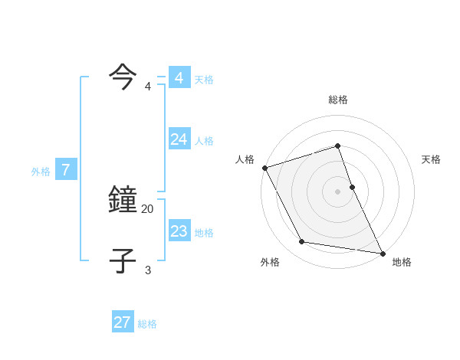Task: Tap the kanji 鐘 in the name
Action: point(123,201)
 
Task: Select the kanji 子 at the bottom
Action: point(123,260)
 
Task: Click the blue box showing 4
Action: point(179,78)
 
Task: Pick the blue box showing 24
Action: point(179,139)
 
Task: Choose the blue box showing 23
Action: point(179,231)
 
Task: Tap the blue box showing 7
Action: point(66,170)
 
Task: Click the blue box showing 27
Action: point(123,322)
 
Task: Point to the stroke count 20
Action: point(148,208)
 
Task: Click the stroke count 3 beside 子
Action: point(148,270)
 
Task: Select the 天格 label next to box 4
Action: point(204,79)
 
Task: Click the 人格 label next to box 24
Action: point(204,140)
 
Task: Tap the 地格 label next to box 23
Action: point(204,232)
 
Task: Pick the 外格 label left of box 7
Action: point(41,172)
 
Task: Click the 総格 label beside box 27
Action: point(147,324)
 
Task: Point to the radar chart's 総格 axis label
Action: point(338,100)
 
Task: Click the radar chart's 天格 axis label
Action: point(432,159)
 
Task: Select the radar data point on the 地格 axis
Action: point(382,252)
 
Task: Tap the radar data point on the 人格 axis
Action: point(264,168)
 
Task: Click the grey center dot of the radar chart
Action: point(338,191)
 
